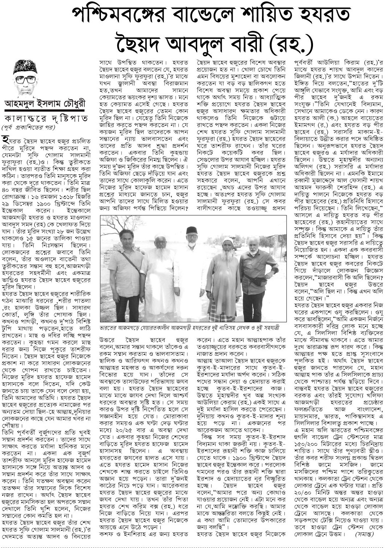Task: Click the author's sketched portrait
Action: [x=25, y=78]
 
